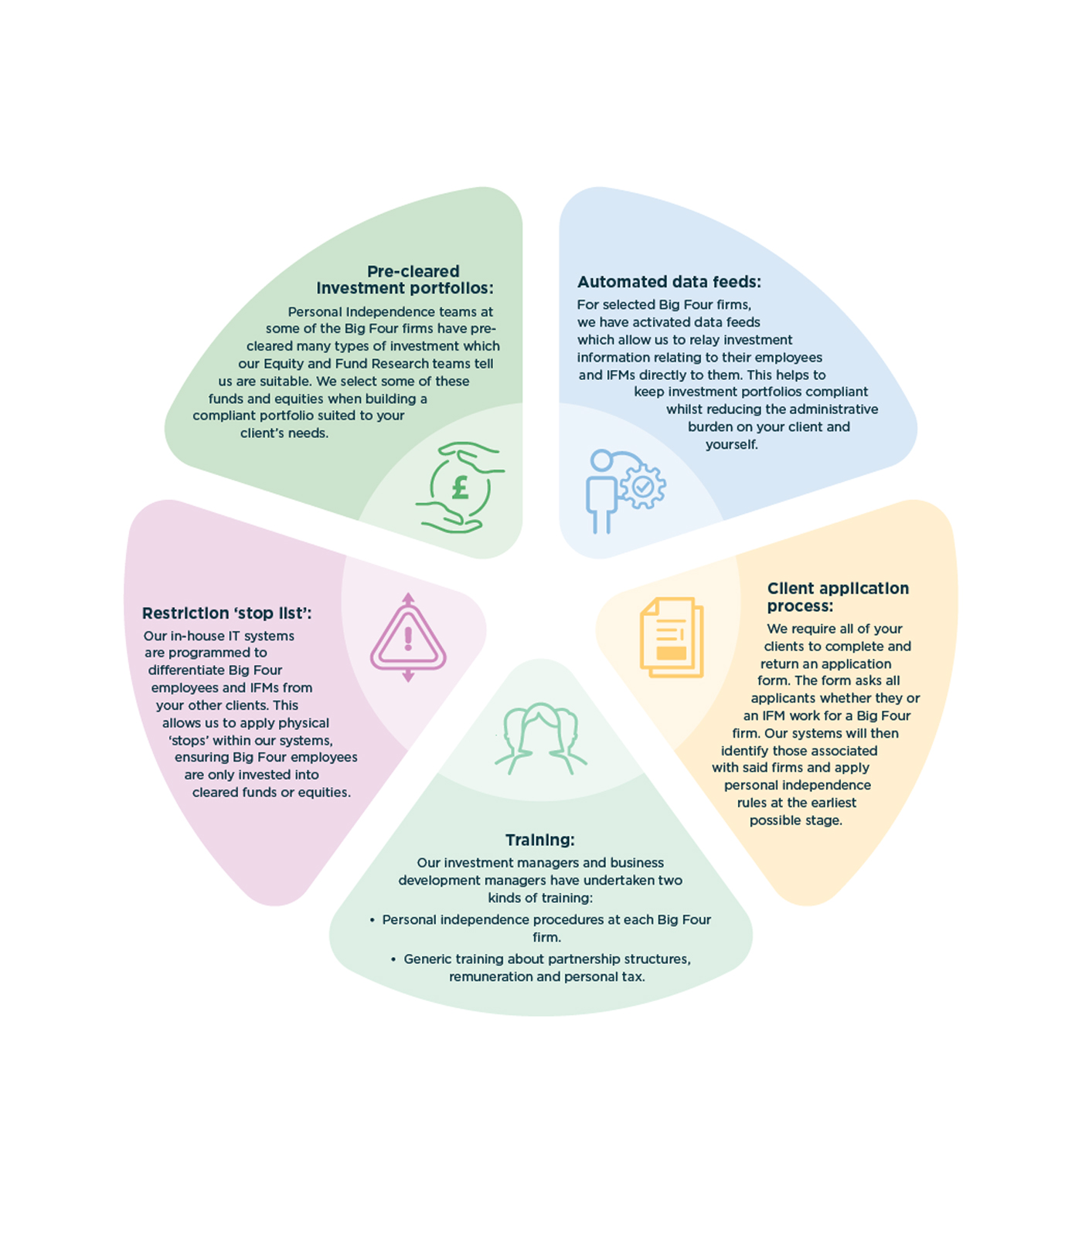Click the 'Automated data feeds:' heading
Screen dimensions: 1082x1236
tap(669, 282)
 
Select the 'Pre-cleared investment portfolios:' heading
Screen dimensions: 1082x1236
tap(405, 280)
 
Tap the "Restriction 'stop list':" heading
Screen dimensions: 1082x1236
tap(227, 613)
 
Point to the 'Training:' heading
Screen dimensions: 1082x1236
tap(540, 840)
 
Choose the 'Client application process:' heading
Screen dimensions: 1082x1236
tap(838, 597)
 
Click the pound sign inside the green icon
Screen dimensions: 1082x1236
tap(461, 487)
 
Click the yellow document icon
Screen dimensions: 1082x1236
tap(672, 637)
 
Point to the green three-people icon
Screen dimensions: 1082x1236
tap(540, 738)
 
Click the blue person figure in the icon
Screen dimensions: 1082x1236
tap(601, 492)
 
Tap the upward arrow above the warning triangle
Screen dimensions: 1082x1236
tap(408, 599)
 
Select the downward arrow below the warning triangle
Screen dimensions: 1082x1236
tap(408, 675)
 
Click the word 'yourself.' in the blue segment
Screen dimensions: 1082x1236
tap(732, 445)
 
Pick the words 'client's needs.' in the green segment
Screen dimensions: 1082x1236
tap(284, 433)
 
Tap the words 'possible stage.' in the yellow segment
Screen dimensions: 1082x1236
tap(796, 820)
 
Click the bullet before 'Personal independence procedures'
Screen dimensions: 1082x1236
tap(372, 920)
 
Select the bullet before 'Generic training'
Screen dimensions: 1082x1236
tap(393, 959)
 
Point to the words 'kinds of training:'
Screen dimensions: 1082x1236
tap(540, 898)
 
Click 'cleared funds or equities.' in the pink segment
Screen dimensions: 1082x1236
tap(271, 793)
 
